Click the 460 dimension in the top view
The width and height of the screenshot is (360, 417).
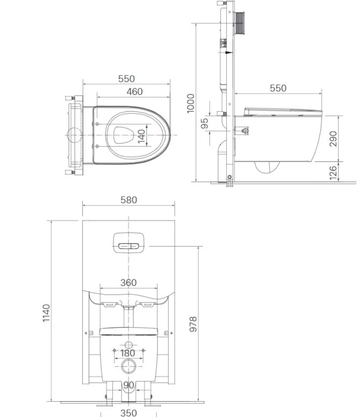click(x=134, y=92)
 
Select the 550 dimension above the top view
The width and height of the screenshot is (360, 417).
click(x=127, y=79)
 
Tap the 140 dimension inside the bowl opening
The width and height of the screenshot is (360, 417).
click(x=142, y=136)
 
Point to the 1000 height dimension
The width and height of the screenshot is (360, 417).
click(x=191, y=103)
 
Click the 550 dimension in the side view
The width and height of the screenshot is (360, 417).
click(x=278, y=88)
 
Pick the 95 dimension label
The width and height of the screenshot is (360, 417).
click(x=204, y=123)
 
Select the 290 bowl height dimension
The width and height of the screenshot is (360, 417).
click(x=333, y=139)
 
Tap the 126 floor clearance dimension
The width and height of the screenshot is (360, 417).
click(x=333, y=172)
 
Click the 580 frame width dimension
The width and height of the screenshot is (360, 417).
click(x=128, y=200)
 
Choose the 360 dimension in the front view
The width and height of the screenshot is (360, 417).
click(x=128, y=283)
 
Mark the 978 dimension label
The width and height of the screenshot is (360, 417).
click(x=193, y=324)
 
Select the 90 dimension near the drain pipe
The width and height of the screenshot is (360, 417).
click(x=128, y=385)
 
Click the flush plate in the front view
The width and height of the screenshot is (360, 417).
click(x=128, y=243)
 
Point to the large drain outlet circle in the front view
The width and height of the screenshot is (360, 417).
click(x=128, y=367)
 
